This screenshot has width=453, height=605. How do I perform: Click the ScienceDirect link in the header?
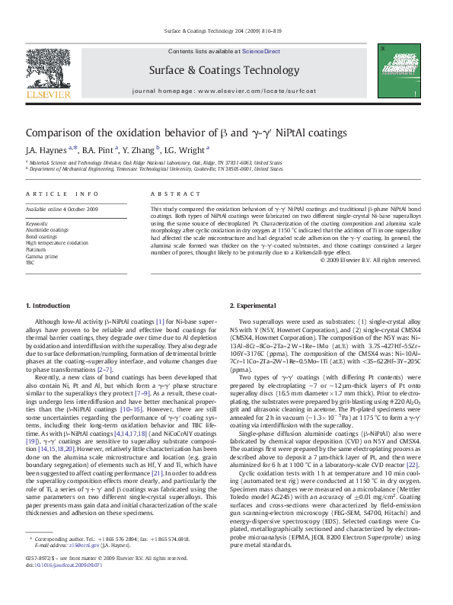(261, 51)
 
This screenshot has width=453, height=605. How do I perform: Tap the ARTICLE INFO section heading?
(62, 194)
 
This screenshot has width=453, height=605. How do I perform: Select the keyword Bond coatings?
(42, 236)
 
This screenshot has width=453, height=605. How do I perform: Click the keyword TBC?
(31, 262)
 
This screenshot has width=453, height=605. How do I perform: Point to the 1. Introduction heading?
(48, 306)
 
